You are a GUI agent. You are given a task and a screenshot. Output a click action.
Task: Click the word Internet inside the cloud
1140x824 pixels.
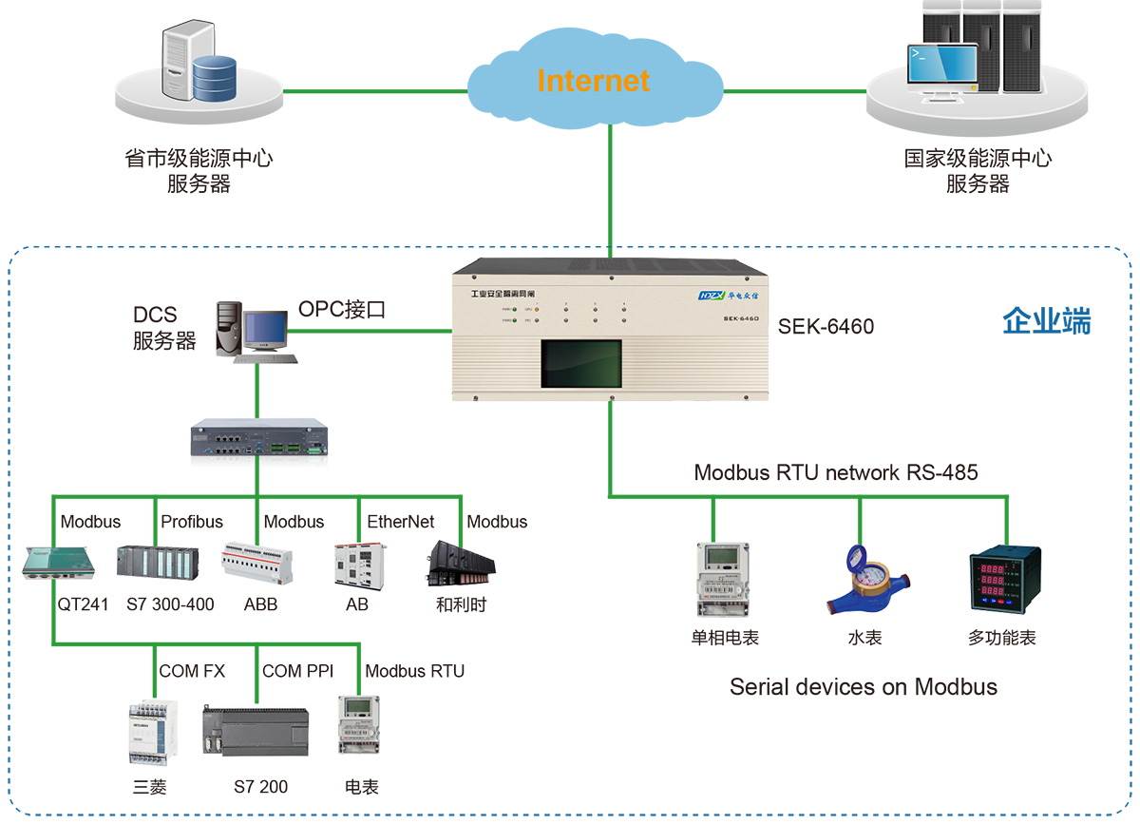[593, 81]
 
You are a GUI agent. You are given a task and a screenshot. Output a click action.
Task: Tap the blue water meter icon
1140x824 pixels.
[861, 582]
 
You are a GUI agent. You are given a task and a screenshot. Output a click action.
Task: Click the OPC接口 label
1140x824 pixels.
[342, 309]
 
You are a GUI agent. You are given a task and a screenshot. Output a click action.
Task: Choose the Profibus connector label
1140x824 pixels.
[192, 522]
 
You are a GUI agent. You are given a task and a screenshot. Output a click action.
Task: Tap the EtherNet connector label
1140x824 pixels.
[401, 522]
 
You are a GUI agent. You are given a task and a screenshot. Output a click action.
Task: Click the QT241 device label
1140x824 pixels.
[83, 604]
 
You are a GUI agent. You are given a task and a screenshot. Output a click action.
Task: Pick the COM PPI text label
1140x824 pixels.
[297, 671]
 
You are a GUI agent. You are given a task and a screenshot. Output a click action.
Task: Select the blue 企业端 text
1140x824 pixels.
[1047, 322]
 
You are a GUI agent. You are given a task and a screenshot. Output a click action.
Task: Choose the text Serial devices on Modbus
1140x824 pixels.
[863, 687]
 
